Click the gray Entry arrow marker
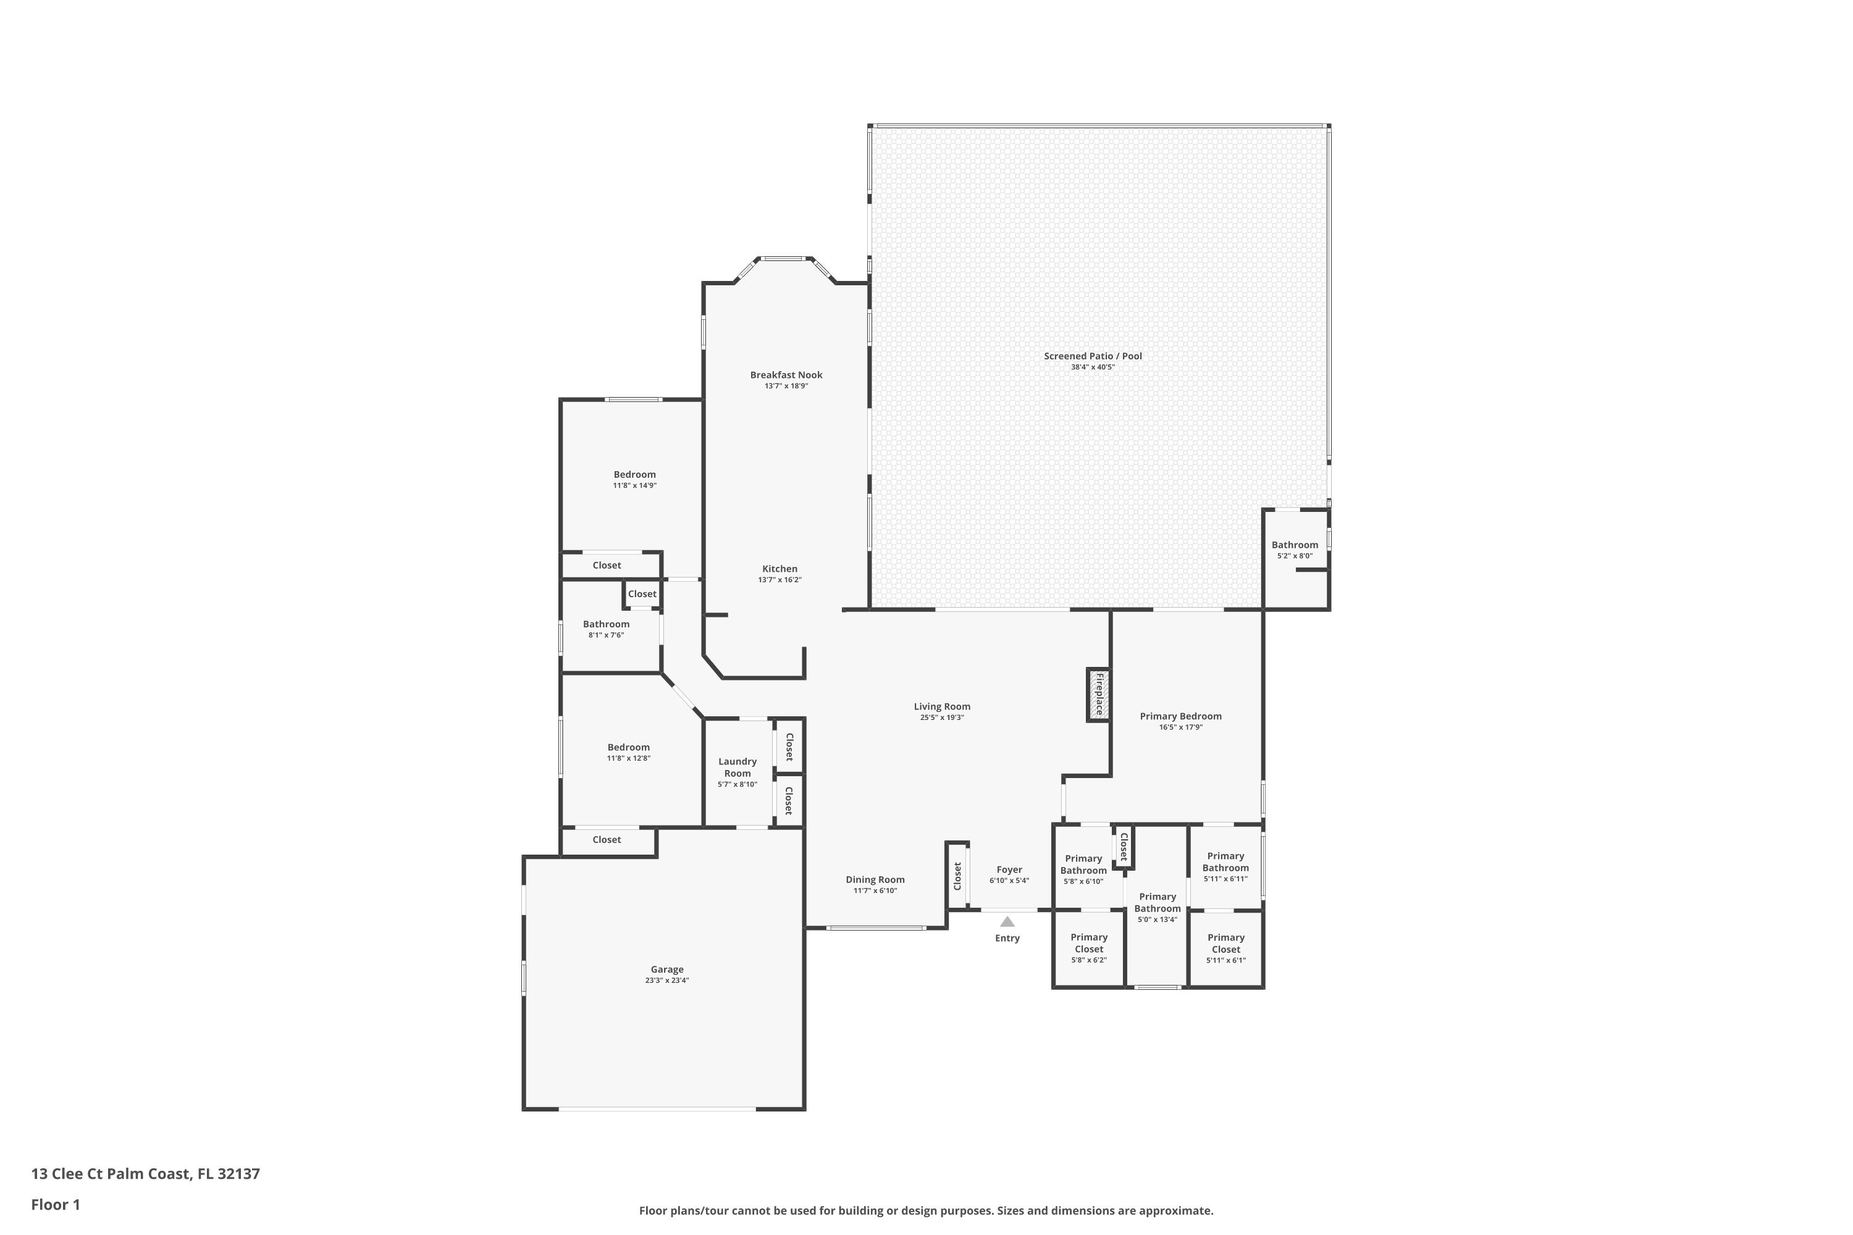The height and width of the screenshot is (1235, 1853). (1007, 921)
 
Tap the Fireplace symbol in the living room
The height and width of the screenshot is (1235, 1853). (1099, 695)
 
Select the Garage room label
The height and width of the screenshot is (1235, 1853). (667, 969)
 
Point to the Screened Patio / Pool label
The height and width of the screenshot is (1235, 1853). (1093, 356)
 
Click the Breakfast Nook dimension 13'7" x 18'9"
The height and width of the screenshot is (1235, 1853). (786, 386)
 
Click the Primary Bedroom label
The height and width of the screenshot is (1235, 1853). (1181, 716)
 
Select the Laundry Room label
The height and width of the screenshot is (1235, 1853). (737, 767)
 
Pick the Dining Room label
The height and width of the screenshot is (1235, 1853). (875, 880)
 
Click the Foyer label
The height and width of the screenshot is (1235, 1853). (1009, 869)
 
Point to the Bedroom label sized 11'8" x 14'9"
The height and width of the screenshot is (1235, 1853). (635, 474)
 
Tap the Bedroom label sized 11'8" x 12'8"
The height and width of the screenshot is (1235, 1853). (629, 747)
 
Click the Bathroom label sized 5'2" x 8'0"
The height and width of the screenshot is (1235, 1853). (1295, 545)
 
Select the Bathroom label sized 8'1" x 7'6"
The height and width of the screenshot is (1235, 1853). (607, 624)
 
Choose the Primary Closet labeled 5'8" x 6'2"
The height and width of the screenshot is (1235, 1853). (1090, 943)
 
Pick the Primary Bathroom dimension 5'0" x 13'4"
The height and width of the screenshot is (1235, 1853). (1158, 920)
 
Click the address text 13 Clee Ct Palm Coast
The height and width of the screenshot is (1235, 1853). (111, 1174)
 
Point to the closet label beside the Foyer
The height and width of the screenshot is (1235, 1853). (957, 876)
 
